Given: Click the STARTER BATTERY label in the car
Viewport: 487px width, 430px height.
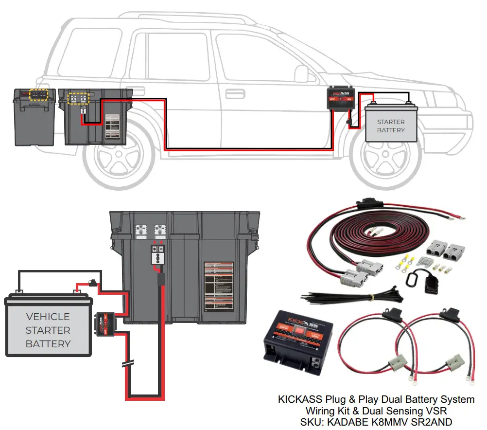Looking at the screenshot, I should pyautogui.click(x=391, y=126).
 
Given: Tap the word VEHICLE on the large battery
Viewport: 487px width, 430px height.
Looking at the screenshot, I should pyautogui.click(x=48, y=317).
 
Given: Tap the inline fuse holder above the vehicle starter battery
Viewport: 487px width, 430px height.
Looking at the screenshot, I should pyautogui.click(x=92, y=282).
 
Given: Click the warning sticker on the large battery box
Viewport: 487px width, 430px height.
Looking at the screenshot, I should pyautogui.click(x=219, y=287).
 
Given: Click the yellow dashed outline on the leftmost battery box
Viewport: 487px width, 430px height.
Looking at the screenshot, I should pyautogui.click(x=38, y=94).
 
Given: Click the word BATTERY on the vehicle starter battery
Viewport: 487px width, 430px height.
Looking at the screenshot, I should pyautogui.click(x=48, y=344).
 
